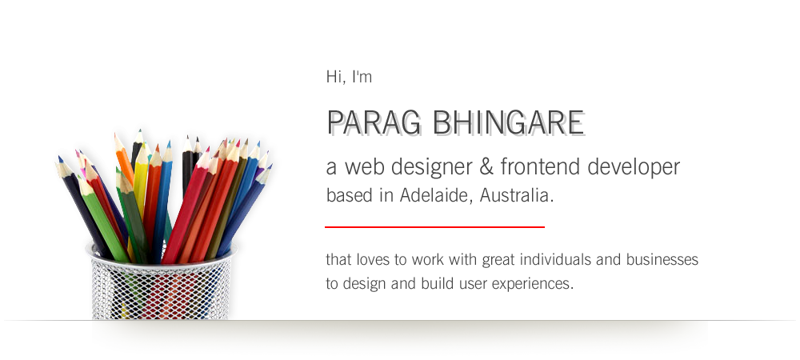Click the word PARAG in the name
(x=374, y=123)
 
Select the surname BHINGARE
(x=508, y=123)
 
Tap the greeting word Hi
(x=334, y=77)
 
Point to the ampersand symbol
(x=486, y=166)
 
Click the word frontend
(x=540, y=166)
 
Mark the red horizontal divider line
(x=434, y=227)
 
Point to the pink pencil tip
(x=78, y=153)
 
